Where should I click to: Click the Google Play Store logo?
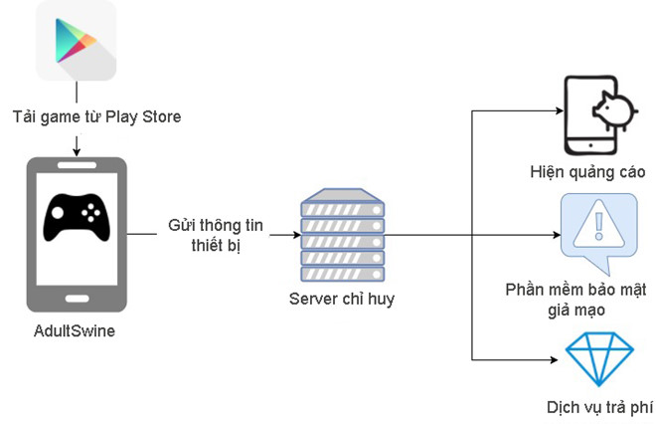pos(76,41)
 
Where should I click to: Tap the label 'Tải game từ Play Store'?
pos(96,116)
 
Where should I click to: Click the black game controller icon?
pos(77,217)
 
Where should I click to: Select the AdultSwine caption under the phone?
pos(75,331)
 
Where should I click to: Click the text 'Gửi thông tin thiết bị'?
pos(216,235)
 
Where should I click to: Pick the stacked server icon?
pos(343,235)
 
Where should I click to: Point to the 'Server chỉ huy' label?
pos(342,299)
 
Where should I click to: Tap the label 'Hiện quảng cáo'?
pos(587,172)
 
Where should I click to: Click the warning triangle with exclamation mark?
pos(598,226)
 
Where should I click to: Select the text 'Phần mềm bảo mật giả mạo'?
pos(576,300)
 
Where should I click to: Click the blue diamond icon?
pos(599,358)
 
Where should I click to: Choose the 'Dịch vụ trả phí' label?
pos(599,407)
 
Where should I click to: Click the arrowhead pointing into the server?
pos(296,235)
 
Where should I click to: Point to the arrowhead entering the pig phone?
pos(560,111)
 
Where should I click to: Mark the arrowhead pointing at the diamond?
pos(554,359)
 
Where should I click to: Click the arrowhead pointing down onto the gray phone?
pos(77,152)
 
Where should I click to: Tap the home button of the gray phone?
pos(77,299)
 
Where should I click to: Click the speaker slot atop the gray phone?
pos(77,165)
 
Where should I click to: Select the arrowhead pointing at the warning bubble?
pos(557,235)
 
